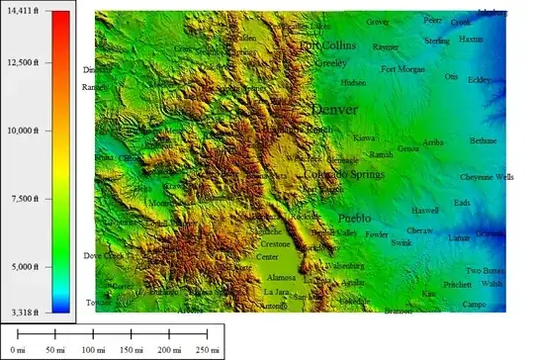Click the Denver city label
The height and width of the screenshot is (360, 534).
coord(334,109)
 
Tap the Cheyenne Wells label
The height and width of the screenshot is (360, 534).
coord(487,178)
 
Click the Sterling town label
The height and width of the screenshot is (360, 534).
coord(437,41)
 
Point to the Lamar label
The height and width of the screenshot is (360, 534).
coord(460,238)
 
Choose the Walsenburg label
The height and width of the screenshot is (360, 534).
coord(345,265)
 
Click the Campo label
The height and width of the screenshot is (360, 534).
coord(475,305)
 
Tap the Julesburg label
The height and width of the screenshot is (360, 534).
coord(492,13)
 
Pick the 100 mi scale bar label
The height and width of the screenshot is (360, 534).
coord(93,350)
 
